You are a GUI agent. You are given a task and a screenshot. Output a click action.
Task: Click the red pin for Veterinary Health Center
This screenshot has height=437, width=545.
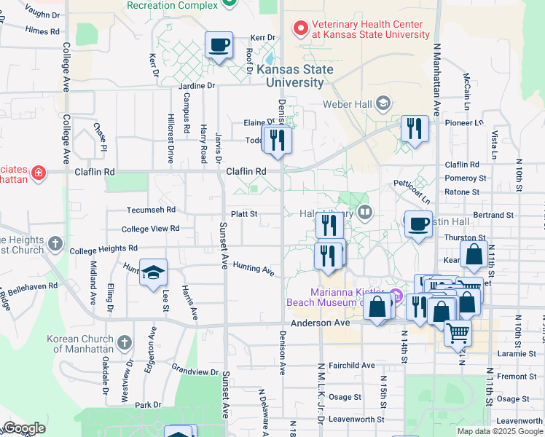coord(299,29)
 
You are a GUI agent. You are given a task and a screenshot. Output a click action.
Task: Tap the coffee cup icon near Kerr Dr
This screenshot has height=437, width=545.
coord(219,46)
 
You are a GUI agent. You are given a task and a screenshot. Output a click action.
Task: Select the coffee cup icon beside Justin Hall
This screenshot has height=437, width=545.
coord(418,224)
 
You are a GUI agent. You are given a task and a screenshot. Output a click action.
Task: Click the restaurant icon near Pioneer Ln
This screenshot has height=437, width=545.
coord(415,129)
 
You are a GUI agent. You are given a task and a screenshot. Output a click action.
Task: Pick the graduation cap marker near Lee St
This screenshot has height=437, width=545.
coord(153,272)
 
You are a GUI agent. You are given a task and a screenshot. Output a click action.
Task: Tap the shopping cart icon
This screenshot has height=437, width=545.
coord(458,332)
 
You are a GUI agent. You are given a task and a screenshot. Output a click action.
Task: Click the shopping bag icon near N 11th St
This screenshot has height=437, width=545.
coord(474,255)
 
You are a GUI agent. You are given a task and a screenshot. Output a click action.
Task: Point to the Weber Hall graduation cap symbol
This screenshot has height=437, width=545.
coord(383,103)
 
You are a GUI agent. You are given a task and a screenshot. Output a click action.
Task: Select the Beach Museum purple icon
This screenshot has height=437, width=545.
coord(396,296)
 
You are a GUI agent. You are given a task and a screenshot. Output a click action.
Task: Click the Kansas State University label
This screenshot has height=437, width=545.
coord(294,76)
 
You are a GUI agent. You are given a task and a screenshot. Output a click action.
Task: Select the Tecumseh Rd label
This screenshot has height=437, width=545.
coord(152,209)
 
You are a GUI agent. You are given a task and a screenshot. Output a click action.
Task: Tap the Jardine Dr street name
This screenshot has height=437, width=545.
coord(197,85)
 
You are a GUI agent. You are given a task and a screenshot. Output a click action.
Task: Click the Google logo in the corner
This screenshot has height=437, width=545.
coord(24,428)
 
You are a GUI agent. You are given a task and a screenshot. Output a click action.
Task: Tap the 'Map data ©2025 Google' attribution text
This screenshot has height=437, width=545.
coord(500,431)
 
